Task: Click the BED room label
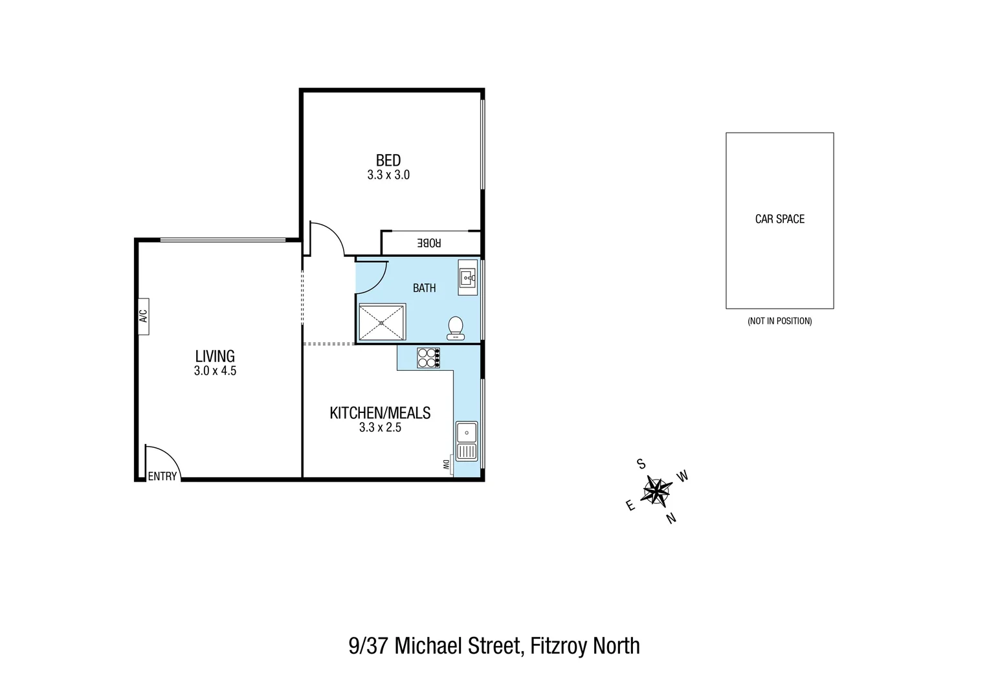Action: pos(388,160)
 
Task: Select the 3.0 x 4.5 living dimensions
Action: pos(215,372)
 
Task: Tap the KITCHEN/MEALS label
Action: pos(380,413)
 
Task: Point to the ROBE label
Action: pos(428,243)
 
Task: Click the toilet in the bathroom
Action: pos(455,327)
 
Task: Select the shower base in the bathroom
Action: pos(382,322)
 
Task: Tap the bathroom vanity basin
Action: pos(467,278)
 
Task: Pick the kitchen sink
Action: pos(466,440)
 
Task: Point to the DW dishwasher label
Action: pos(446,464)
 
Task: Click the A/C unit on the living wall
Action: pos(143,316)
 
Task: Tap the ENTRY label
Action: pos(162,476)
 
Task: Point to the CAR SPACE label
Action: pos(779,219)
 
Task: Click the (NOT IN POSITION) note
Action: pos(779,321)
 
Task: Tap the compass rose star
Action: pos(656,491)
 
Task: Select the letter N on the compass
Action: pos(671,518)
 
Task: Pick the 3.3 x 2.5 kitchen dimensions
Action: pos(380,428)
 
